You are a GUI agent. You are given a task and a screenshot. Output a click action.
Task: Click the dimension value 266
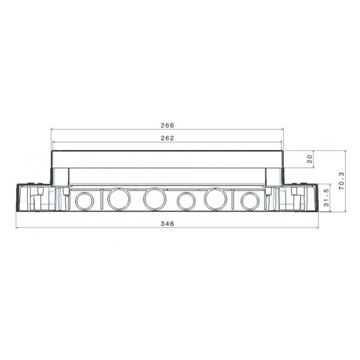[167, 125]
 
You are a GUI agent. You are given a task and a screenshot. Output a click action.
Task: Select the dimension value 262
[167, 138]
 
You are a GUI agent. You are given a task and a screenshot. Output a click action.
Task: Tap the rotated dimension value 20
[310, 159]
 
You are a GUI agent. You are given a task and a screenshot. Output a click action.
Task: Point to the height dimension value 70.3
[342, 181]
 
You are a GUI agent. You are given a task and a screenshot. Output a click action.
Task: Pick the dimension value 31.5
[327, 198]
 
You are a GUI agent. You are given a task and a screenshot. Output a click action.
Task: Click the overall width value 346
[167, 224]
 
